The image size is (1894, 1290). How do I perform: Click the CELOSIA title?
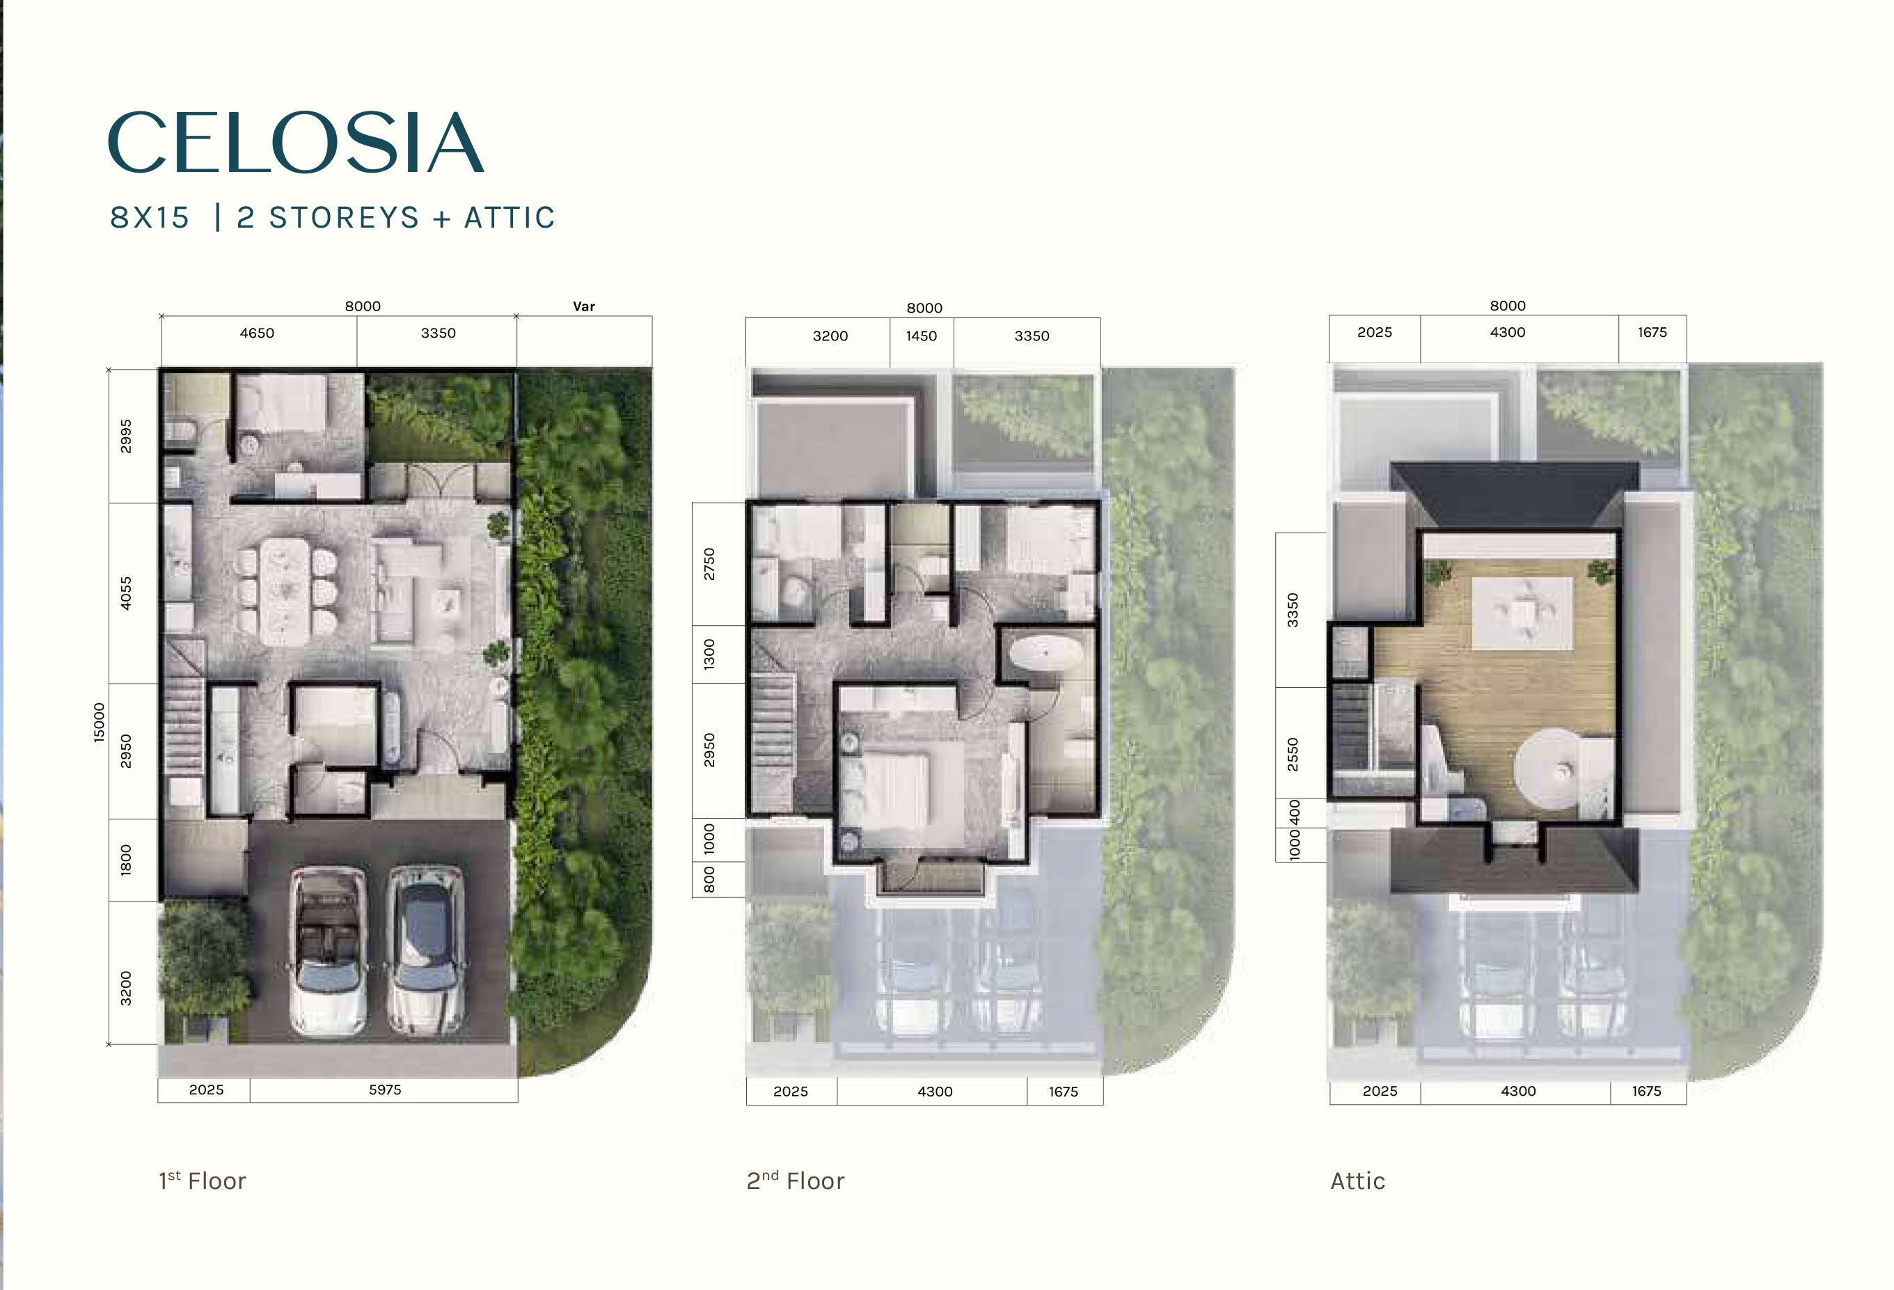(296, 143)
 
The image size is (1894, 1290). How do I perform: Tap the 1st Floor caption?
(202, 1181)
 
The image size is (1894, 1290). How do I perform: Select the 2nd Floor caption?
(796, 1181)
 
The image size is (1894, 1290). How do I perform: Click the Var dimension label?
(583, 306)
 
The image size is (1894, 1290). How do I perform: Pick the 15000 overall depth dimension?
(100, 722)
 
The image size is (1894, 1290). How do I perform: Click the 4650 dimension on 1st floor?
(257, 333)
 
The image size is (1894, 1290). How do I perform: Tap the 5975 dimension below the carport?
(385, 1090)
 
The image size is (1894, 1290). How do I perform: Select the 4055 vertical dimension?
(125, 593)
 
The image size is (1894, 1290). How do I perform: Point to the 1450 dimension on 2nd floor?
(921, 336)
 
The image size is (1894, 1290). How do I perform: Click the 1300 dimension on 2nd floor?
(709, 654)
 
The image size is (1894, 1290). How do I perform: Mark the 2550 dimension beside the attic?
(1293, 754)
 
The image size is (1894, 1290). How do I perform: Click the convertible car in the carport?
(328, 950)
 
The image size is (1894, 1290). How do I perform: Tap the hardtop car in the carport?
(426, 950)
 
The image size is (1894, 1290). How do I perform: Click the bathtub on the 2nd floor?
(1045, 654)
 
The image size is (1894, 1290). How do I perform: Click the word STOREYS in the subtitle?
(344, 218)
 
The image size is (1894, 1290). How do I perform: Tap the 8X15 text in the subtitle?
(150, 218)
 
